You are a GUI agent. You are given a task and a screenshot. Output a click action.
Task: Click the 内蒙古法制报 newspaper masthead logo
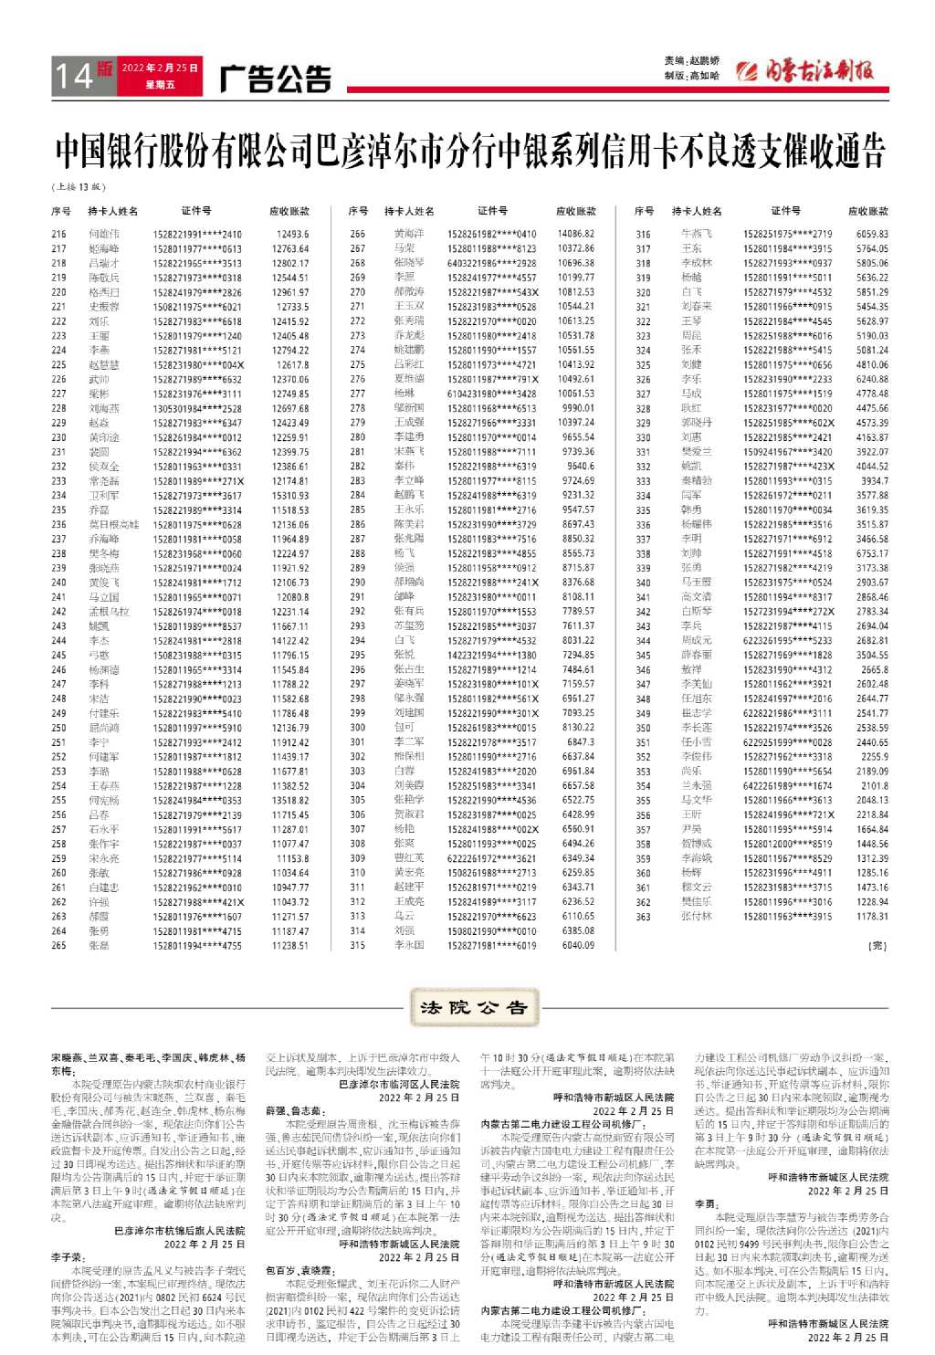coord(804,70)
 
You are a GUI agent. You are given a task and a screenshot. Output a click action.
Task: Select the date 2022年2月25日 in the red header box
coord(160,68)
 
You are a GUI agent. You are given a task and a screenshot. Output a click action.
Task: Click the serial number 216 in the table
coord(59,234)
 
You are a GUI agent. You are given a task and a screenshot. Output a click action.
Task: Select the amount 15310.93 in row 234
coord(290,496)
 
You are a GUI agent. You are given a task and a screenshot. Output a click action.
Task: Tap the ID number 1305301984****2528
coord(197,408)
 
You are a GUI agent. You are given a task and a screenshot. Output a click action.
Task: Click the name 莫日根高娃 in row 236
coord(114,525)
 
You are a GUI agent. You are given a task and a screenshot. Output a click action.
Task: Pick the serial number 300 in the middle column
coord(358,728)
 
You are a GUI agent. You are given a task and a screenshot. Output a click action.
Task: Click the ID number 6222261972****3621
coord(492,858)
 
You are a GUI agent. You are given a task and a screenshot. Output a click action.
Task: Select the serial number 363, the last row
coord(644,917)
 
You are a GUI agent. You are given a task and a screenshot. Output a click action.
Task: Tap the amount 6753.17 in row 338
coord(872,553)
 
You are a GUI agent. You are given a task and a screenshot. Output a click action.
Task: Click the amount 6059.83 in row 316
coord(872,234)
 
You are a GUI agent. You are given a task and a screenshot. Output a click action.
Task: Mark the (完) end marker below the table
coord(877,946)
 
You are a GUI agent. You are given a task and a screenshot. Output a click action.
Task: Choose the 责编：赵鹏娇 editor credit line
coord(692,61)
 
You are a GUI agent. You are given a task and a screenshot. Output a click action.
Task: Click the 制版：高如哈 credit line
coord(692,76)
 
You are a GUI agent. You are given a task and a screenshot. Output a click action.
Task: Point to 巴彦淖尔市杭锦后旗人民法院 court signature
coord(179,1231)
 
